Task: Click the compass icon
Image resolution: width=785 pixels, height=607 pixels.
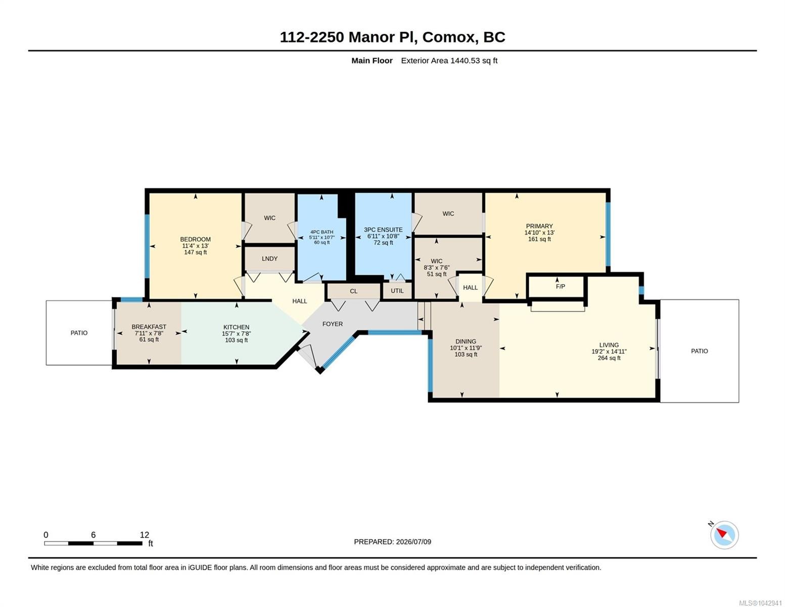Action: pos(724,535)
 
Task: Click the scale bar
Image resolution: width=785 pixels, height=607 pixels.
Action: pos(93,543)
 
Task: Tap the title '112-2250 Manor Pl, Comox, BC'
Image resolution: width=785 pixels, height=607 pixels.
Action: pos(392,37)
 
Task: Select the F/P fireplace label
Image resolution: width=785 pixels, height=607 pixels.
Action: pos(560,286)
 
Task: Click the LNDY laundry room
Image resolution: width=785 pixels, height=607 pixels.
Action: pos(269,258)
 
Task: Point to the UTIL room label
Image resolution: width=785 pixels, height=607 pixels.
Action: pos(397,291)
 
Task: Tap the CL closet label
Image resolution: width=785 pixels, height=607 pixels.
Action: pos(353,291)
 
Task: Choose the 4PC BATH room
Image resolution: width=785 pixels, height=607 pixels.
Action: pos(321,237)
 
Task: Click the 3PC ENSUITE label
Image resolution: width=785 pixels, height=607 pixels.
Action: pos(383,230)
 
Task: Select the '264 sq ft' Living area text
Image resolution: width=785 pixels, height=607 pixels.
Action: pos(609,358)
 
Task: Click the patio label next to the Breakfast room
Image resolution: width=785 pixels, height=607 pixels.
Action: pos(79,333)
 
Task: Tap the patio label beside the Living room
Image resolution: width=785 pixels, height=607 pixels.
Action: pos(699,351)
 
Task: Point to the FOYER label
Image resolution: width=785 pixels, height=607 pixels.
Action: pos(333,324)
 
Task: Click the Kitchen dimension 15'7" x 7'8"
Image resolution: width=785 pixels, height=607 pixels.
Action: pos(236,334)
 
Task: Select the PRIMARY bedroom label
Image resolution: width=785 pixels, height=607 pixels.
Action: pos(539,226)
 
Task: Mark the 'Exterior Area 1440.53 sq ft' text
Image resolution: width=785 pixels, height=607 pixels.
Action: pos(449,61)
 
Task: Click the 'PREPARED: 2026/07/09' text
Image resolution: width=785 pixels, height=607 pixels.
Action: pos(392,542)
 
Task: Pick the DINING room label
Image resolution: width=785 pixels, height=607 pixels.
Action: pos(466,341)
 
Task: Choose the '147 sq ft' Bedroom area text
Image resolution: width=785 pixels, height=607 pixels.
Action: pos(196,252)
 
